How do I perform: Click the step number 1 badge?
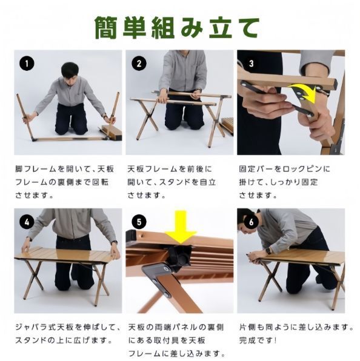coord(27,64)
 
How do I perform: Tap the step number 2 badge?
coord(139,64)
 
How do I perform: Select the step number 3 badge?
coord(251,64)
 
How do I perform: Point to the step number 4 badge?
coord(27,222)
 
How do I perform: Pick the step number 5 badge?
coord(139,222)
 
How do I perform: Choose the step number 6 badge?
coord(251,222)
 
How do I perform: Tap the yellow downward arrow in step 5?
coord(181,227)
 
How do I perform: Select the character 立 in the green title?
coord(220,28)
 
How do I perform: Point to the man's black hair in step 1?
coord(70,68)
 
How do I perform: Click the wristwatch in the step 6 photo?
coord(268,250)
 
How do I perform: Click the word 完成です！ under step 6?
coord(258,340)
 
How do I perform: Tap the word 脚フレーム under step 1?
coord(36,169)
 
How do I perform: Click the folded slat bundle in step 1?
coord(112,131)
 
